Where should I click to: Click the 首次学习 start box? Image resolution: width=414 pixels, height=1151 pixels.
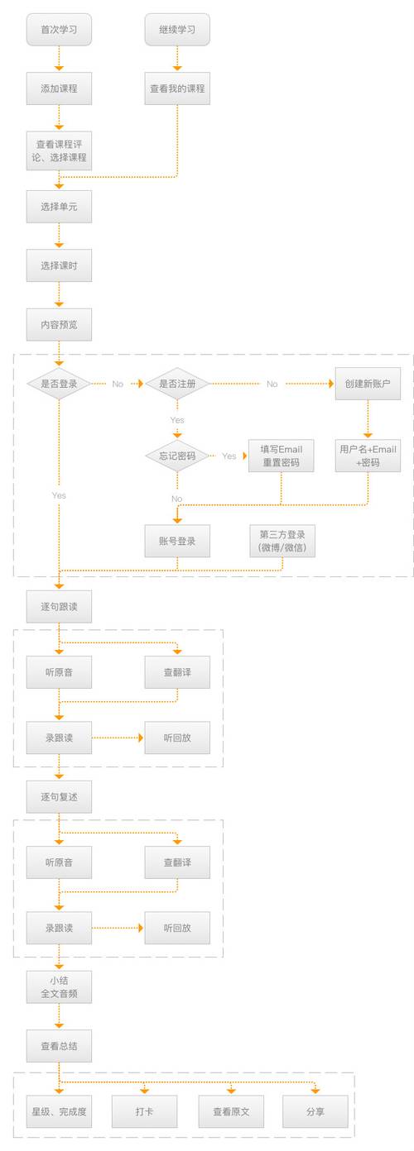point(58,30)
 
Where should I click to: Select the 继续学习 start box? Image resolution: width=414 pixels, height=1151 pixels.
point(177,30)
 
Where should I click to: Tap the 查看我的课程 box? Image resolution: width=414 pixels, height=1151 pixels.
point(177,88)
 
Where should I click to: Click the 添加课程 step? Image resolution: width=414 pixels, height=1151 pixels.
point(58,88)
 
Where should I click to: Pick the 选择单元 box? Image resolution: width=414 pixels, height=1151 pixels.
point(58,207)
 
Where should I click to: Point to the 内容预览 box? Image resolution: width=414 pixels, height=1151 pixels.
point(58,324)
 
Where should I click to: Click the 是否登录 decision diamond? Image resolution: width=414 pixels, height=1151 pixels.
point(58,384)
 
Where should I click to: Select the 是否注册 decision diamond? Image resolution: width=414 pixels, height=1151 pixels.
point(177,384)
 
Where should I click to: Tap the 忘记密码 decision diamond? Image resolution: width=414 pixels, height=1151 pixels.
point(177,456)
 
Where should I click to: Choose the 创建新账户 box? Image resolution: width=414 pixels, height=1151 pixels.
point(368,384)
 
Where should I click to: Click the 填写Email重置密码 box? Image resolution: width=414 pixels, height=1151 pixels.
point(282,456)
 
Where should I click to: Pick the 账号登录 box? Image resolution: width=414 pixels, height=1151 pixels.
point(177,541)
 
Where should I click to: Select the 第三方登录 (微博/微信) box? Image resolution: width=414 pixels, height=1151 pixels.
point(282,541)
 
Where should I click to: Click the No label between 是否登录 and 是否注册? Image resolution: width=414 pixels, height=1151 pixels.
point(118,384)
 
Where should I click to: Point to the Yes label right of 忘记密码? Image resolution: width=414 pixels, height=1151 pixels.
point(229,456)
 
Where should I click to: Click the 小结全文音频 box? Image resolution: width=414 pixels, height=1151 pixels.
point(58,987)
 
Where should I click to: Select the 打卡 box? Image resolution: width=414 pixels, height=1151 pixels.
point(144,1111)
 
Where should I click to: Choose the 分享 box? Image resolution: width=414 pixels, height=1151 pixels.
point(315,1111)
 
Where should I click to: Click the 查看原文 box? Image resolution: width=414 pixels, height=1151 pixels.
point(230,1111)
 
